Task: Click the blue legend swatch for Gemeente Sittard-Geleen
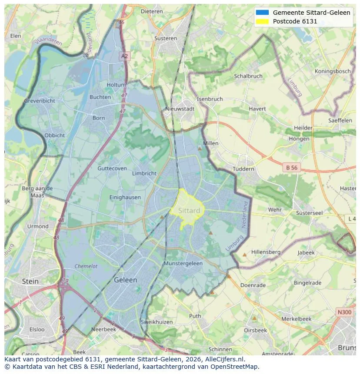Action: tap(263, 13)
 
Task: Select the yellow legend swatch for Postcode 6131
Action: tap(263, 21)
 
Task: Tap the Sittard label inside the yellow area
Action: tap(190, 211)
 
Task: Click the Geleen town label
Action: tap(125, 280)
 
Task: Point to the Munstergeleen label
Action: tap(183, 264)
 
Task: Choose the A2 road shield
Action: tap(125, 56)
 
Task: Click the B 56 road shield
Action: tap(291, 167)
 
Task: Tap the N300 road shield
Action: tap(344, 312)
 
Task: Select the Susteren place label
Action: tap(166, 38)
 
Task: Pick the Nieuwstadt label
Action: tap(180, 109)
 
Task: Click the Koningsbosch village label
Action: tap(333, 71)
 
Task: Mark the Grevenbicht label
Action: tap(40, 101)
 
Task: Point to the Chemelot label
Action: tap(86, 266)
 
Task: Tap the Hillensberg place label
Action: tap(266, 252)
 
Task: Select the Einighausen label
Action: tap(125, 197)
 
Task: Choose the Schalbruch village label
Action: tap(248, 76)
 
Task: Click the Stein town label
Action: tap(30, 281)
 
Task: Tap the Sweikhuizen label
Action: tap(157, 322)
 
